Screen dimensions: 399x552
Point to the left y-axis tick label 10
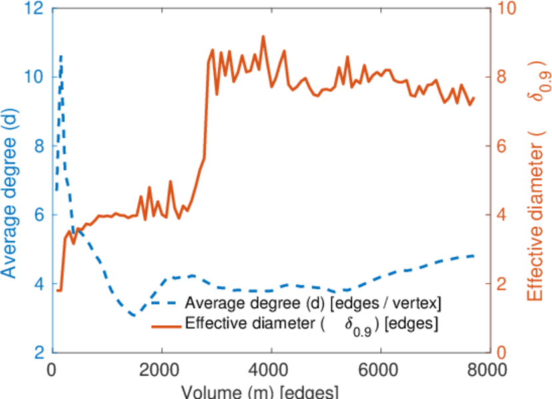[x=35, y=77]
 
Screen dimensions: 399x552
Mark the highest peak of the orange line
[x=263, y=37]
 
